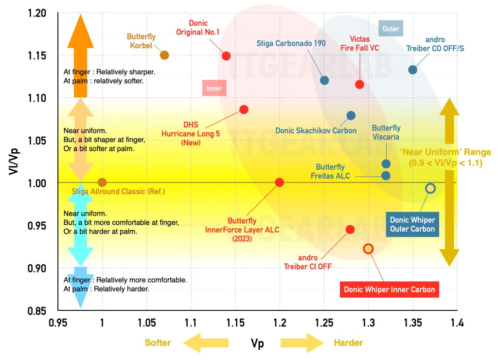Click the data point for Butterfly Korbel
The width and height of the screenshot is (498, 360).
pyautogui.click(x=164, y=55)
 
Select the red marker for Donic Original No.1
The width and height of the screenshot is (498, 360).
pyautogui.click(x=226, y=55)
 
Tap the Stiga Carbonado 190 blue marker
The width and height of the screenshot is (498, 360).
pyautogui.click(x=324, y=80)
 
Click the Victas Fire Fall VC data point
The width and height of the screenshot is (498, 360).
pyautogui.click(x=360, y=84)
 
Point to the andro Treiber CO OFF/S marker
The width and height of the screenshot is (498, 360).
pyautogui.click(x=412, y=70)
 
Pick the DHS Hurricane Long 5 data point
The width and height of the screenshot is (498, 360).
pyautogui.click(x=244, y=109)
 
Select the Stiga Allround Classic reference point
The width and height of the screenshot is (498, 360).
pyautogui.click(x=102, y=182)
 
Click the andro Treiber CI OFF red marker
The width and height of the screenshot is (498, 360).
pyautogui.click(x=350, y=229)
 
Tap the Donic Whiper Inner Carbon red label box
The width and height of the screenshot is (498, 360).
pyautogui.click(x=389, y=289)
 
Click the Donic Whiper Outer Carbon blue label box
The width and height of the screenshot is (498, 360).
pyautogui.click(x=411, y=223)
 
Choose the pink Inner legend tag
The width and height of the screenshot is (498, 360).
pyautogui.click(x=214, y=89)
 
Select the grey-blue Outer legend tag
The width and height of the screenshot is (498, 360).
pyautogui.click(x=391, y=29)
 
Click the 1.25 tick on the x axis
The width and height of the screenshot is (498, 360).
pyautogui.click(x=324, y=322)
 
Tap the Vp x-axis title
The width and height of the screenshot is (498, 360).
pyautogui.click(x=257, y=343)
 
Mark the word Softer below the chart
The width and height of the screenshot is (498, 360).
pyautogui.click(x=158, y=343)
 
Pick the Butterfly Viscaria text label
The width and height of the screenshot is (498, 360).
pyautogui.click(x=386, y=132)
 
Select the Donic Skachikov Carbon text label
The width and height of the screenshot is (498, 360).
pyautogui.click(x=316, y=130)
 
